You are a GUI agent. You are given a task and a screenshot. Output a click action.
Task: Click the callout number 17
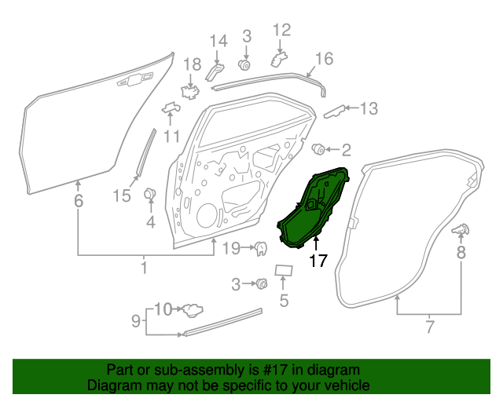pos(318,261)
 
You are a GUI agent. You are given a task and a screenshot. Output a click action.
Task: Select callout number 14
pos(218,41)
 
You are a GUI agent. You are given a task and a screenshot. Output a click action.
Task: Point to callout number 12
pos(281,30)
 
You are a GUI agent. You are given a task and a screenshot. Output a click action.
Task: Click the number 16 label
pos(324,59)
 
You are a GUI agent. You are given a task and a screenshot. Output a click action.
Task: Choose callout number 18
pos(193,64)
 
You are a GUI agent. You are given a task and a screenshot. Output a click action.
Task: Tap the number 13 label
pos(369,108)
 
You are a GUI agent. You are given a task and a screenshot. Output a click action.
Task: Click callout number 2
pos(346,149)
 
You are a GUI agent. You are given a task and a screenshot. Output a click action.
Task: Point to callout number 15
pos(121,196)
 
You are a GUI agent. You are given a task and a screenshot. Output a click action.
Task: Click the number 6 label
pos(78,201)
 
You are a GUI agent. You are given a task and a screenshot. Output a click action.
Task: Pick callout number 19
pos(229,250)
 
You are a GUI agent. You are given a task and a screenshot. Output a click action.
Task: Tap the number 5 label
pos(284,299)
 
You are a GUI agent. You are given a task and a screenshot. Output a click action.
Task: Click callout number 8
pos(461,252)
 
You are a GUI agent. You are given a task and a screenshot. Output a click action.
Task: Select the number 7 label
pos(430,326)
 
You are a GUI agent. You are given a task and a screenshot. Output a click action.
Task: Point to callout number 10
pos(162,308)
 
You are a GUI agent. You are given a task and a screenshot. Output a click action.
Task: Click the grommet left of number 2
pos(319,149)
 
